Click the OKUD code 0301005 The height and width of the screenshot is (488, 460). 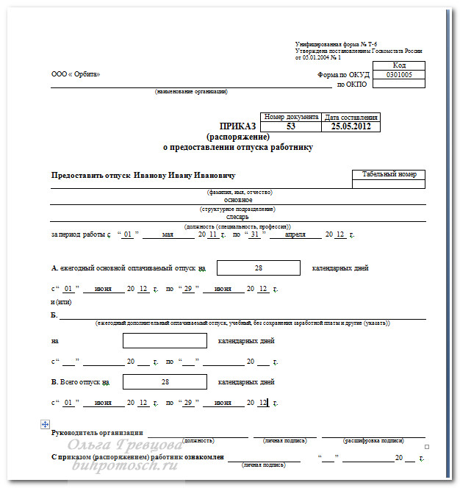click(399, 74)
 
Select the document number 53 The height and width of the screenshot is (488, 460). click(291, 126)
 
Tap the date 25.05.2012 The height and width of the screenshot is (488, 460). click(351, 126)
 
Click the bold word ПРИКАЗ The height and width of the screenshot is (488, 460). click(234, 126)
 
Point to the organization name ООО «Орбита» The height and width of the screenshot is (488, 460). click(76, 74)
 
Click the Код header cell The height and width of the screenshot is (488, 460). click(399, 65)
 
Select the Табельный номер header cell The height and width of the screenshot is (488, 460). click(388, 174)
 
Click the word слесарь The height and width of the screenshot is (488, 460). click(238, 217)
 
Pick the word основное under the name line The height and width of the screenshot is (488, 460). click(238, 200)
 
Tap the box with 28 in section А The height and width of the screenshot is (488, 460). click(259, 268)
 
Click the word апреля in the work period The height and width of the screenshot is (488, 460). click(295, 234)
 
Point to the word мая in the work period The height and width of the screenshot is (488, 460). click(168, 234)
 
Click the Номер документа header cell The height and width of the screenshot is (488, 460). click(291, 117)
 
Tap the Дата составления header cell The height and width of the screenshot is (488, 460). click(351, 117)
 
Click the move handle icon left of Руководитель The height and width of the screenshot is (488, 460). click(46, 424)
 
